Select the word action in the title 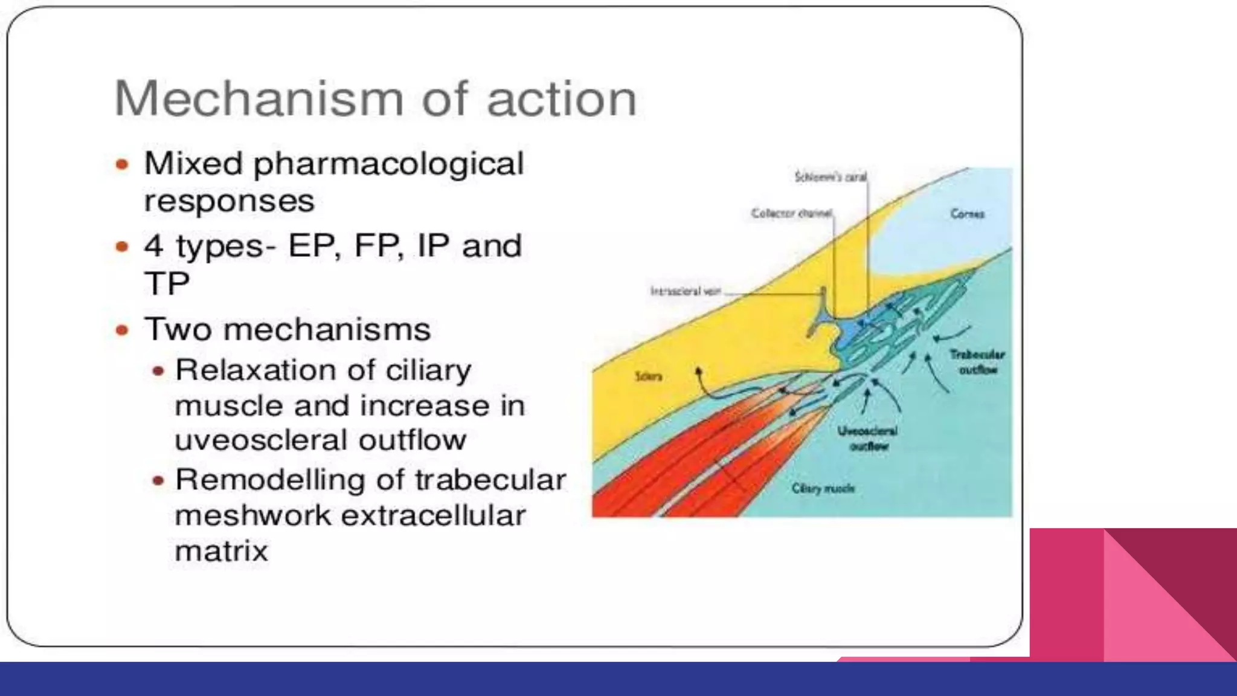561,98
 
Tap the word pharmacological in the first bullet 388,164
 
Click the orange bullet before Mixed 123,164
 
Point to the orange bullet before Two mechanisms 123,330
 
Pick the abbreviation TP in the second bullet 167,283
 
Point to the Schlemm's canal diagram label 831,177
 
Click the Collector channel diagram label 792,213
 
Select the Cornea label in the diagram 967,214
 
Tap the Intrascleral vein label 686,291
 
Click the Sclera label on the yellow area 648,376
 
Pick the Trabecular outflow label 977,362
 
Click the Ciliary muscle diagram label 823,488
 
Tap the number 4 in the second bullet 153,246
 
